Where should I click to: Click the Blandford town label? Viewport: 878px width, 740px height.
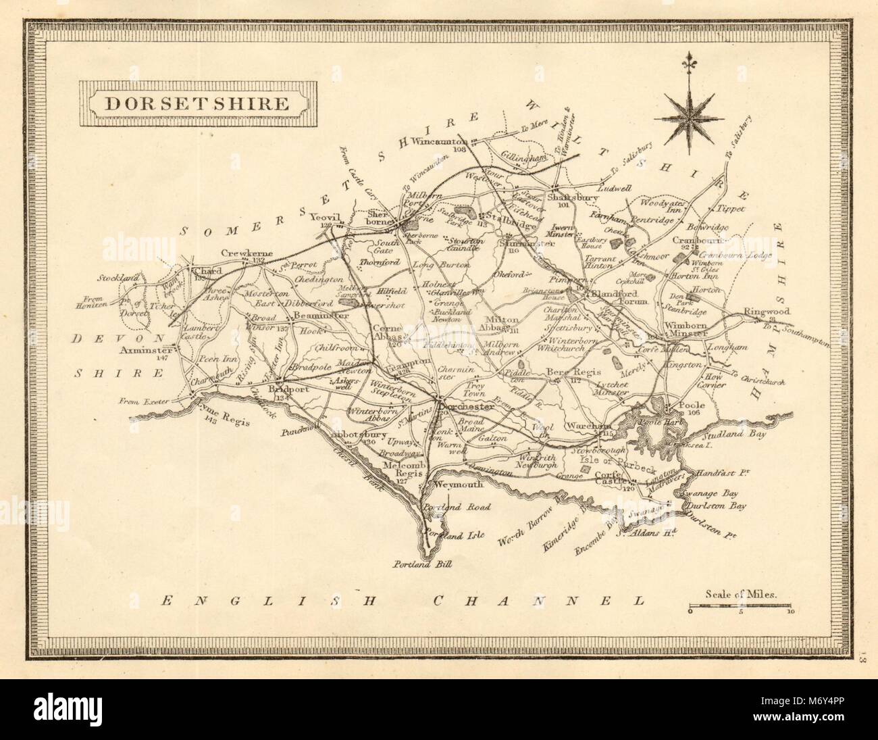pyautogui.click(x=619, y=295)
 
